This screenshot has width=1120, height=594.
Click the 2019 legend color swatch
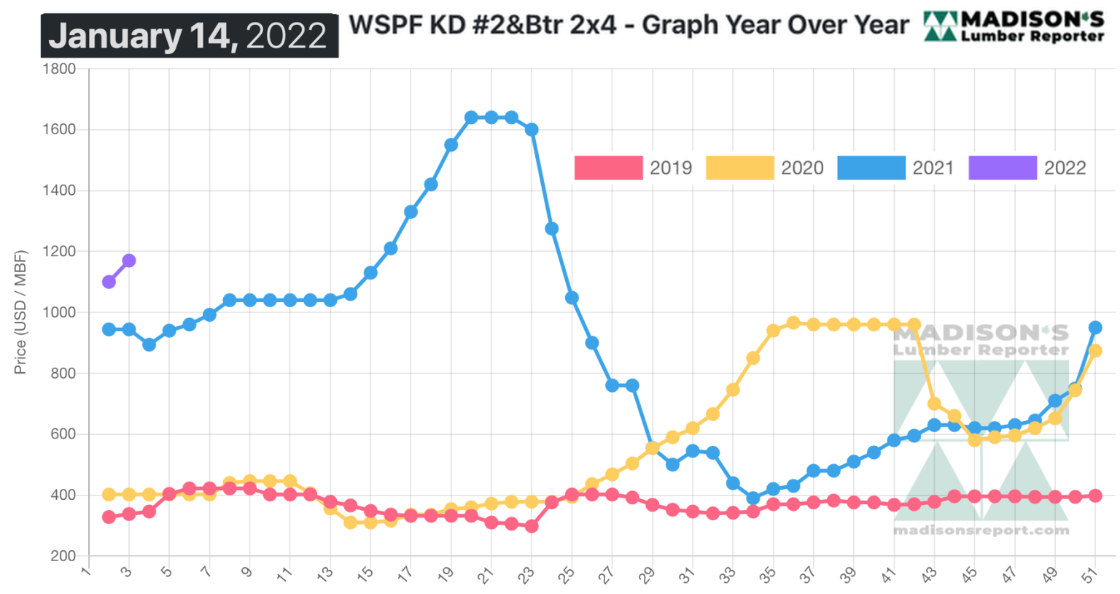pyautogui.click(x=608, y=168)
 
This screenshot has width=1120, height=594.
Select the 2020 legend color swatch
pyautogui.click(x=739, y=168)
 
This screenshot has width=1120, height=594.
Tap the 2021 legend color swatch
pyautogui.click(x=871, y=168)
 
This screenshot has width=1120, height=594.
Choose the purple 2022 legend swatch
pyautogui.click(x=1003, y=168)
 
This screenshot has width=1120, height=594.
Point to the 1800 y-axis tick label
pyautogui.click(x=60, y=69)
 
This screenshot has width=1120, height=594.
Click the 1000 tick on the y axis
pyautogui.click(x=60, y=312)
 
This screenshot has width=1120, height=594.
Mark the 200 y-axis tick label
pyautogui.click(x=63, y=556)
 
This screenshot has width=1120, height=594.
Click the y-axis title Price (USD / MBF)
pyautogui.click(x=20, y=312)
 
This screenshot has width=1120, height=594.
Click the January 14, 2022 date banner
pyautogui.click(x=189, y=36)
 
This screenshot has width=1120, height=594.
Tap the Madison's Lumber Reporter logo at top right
pyautogui.click(x=1014, y=26)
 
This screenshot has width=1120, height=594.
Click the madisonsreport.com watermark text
pyautogui.click(x=981, y=531)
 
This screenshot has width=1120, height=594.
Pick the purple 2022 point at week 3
pyautogui.click(x=129, y=261)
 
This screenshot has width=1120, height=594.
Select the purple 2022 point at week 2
pyautogui.click(x=109, y=282)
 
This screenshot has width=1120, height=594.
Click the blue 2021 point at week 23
pyautogui.click(x=532, y=129)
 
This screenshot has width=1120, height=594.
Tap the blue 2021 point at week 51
pyautogui.click(x=1094, y=328)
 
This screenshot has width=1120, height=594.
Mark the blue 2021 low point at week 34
pyautogui.click(x=753, y=498)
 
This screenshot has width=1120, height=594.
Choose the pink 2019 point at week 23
pyautogui.click(x=532, y=525)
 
